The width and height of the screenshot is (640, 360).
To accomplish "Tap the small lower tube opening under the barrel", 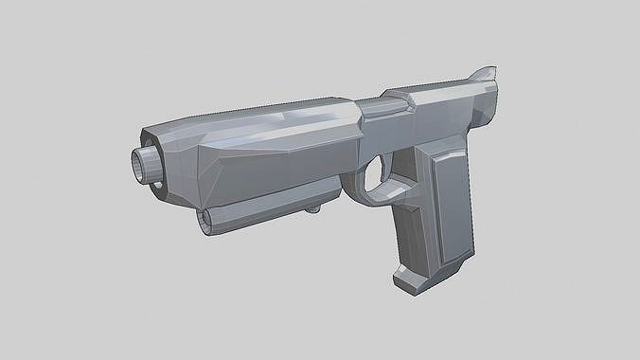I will pyautogui.click(x=205, y=220).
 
